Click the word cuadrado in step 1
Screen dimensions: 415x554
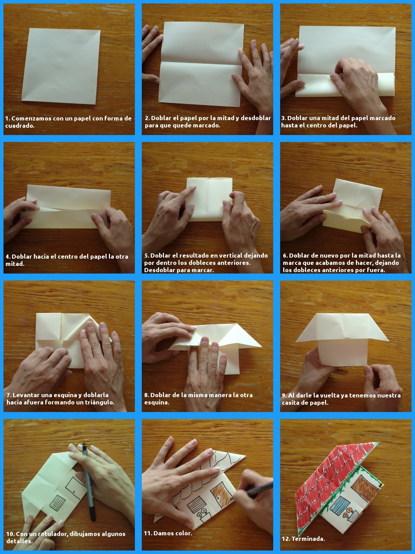pos(20,126)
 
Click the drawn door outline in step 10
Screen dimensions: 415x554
pos(73,485)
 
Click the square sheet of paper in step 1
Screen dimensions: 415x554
pos(61,66)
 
